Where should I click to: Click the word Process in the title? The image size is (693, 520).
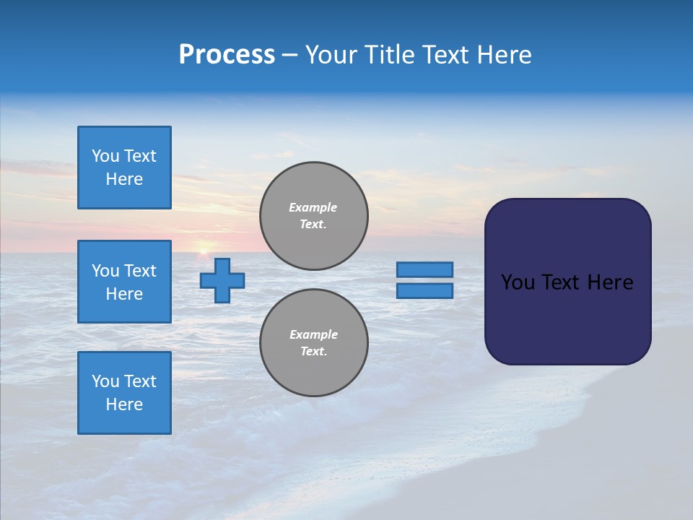click(x=227, y=55)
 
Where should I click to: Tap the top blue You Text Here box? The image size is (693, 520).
click(x=124, y=168)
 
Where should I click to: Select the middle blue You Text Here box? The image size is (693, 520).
click(x=124, y=282)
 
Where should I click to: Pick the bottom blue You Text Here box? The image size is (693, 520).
click(x=124, y=393)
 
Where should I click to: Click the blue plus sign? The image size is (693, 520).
click(x=222, y=280)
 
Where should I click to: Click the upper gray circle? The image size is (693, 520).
click(x=314, y=215)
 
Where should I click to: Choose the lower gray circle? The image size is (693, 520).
click(x=314, y=342)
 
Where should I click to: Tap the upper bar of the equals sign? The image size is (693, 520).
click(x=425, y=269)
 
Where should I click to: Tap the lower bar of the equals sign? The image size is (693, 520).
click(x=425, y=290)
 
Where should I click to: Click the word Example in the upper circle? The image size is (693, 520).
click(x=313, y=207)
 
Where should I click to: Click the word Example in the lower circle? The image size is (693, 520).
click(x=313, y=334)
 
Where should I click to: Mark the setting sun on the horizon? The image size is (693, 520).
click(x=203, y=251)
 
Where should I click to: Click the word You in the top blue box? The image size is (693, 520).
click(x=105, y=156)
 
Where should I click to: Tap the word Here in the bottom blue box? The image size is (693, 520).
click(x=124, y=404)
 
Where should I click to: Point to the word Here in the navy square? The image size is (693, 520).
click(x=610, y=282)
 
